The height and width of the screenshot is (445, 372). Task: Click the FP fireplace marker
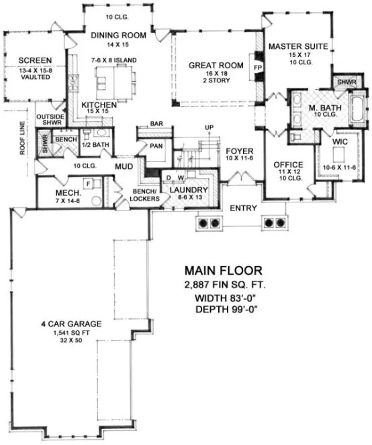(257, 68)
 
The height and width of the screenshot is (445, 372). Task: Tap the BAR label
(158, 124)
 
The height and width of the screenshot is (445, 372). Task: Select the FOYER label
(238, 150)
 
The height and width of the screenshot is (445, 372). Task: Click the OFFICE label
(289, 164)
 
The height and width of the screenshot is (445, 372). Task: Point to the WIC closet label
(340, 142)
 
